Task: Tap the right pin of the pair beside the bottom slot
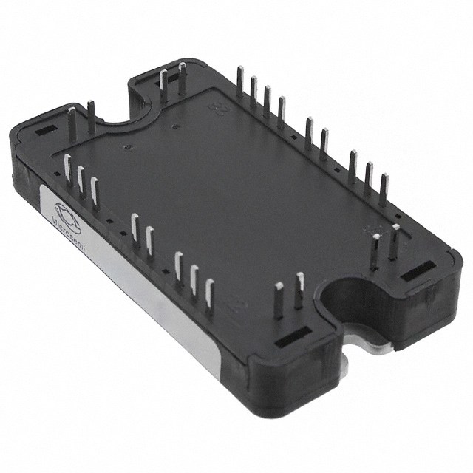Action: (299, 290)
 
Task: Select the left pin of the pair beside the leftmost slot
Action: (72, 122)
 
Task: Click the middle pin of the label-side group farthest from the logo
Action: (194, 280)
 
